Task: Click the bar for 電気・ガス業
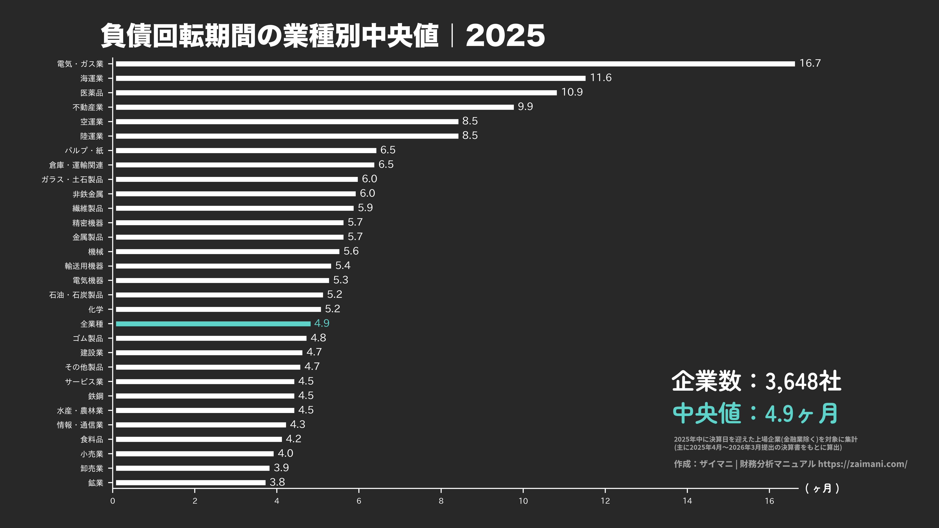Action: (455, 64)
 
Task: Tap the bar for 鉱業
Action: (191, 482)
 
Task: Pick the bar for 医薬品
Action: (336, 93)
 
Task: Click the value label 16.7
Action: (810, 63)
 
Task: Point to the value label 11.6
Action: (601, 77)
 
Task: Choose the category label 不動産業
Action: (88, 107)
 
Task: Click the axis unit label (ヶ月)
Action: (822, 488)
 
